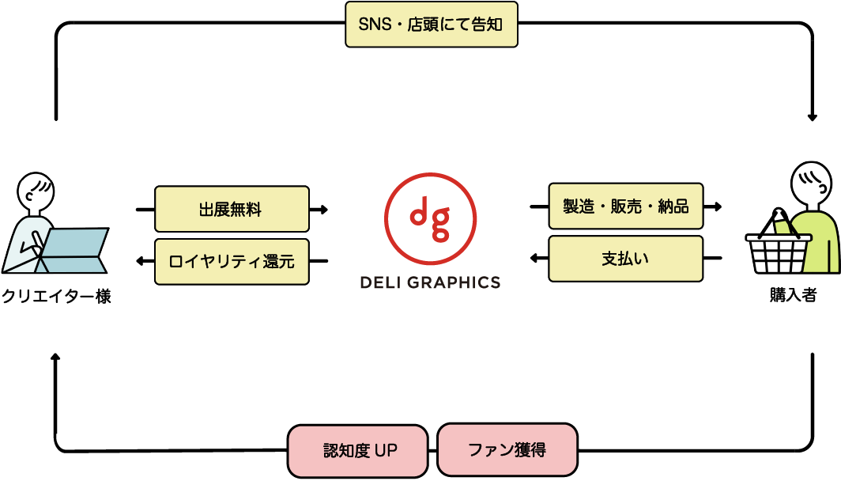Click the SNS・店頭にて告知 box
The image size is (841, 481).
point(432,25)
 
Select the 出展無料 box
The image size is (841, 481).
point(232,209)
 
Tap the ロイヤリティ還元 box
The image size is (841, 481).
point(232,261)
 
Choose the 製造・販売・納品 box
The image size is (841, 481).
point(625,206)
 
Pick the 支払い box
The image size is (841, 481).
point(625,258)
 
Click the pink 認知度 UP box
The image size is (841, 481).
point(358,450)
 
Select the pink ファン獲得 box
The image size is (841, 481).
point(507,450)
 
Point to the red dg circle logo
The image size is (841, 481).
point(430,218)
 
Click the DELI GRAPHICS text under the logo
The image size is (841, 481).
point(430,282)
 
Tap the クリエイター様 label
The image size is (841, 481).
point(56,296)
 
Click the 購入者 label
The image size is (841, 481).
point(793,295)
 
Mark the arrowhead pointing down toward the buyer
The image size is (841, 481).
point(812,117)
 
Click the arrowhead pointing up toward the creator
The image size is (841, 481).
point(55,357)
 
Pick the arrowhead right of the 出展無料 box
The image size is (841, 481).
point(323,210)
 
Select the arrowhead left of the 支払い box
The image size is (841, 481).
point(534,258)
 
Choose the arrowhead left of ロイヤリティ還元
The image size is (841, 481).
point(141,261)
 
